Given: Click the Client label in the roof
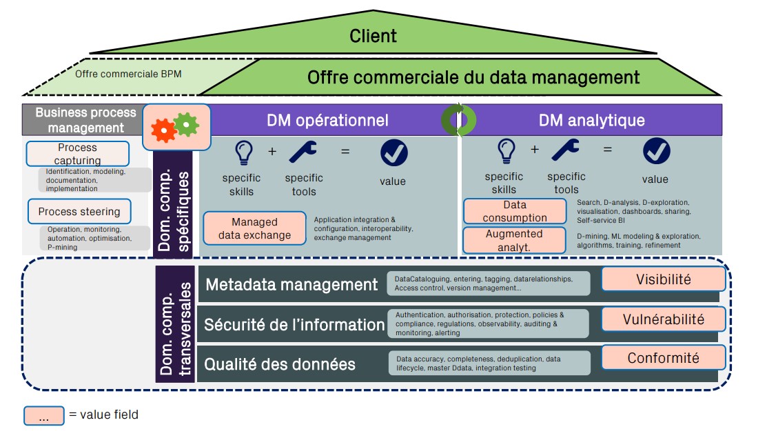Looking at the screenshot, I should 373,36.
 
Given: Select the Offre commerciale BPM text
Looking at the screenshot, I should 128,74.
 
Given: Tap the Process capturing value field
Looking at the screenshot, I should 77,154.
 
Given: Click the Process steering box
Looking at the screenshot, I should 79,211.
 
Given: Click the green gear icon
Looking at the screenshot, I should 186,125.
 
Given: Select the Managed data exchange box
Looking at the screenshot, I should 254,228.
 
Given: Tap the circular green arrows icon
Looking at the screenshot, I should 458,120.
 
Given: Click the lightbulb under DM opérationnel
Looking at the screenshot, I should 242,152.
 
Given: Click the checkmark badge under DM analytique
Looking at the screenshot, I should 656,151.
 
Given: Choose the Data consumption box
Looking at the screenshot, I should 515,211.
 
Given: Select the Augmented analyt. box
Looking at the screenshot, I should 515,239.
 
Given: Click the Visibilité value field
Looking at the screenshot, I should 663,279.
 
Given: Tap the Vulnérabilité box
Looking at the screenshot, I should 663,319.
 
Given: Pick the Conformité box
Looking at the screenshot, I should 663,357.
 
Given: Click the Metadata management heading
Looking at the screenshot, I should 292,284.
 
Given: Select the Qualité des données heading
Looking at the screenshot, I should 280,364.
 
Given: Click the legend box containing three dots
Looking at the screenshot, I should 44,415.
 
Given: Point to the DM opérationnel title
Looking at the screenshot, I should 327,120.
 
